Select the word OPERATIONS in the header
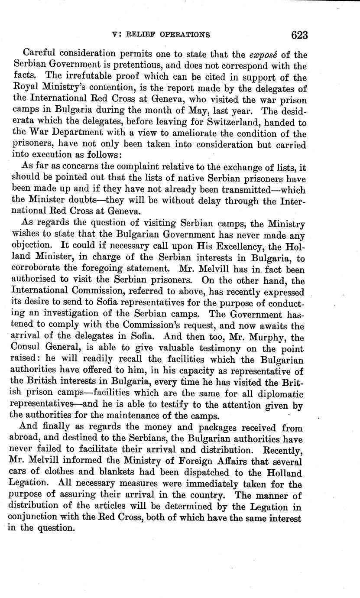tap(183, 35)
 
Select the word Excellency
tap(229, 247)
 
